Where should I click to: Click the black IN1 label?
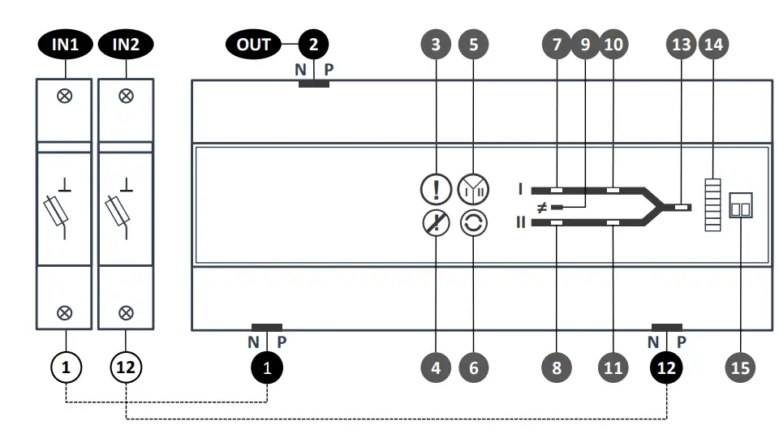tap(65, 44)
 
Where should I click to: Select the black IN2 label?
tap(126, 44)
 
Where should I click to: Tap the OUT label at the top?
tap(253, 44)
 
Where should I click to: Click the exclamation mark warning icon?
tap(436, 190)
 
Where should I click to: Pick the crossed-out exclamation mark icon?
tap(436, 223)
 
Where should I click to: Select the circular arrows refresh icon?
tap(474, 223)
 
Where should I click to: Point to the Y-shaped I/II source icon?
tap(474, 190)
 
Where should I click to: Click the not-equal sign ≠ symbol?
tap(542, 207)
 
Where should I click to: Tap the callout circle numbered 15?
tap(740, 367)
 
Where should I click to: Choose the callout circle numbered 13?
tap(681, 44)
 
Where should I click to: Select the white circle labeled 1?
tap(67, 367)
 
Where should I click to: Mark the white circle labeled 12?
tap(126, 367)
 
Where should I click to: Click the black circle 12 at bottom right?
tap(666, 367)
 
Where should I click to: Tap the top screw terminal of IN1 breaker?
tap(65, 97)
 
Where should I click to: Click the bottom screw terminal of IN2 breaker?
tap(126, 312)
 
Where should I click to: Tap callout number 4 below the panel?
tap(436, 367)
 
